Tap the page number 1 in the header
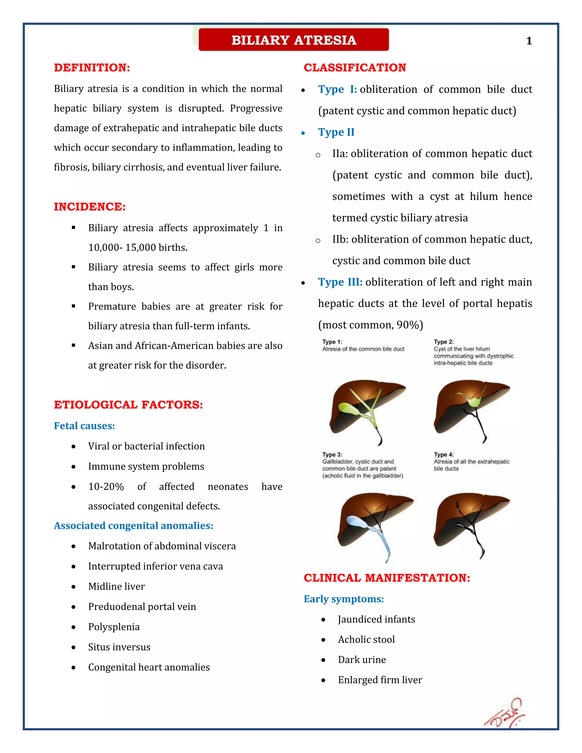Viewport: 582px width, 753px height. click(529, 41)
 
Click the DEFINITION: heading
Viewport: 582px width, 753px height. click(92, 68)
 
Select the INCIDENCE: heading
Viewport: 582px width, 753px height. click(90, 207)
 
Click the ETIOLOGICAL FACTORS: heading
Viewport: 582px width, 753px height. click(128, 404)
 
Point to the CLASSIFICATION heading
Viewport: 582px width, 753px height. click(354, 68)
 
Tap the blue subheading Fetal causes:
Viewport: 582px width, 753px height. click(84, 426)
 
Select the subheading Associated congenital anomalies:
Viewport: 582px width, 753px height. click(134, 525)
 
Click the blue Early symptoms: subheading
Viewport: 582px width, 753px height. click(343, 599)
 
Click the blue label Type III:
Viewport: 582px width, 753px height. click(340, 282)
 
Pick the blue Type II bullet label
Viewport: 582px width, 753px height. click(336, 132)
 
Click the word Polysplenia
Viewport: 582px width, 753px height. click(114, 627)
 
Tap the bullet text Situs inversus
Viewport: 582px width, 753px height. click(119, 647)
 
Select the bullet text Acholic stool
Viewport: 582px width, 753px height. click(366, 639)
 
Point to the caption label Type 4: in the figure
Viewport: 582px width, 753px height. click(443, 454)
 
